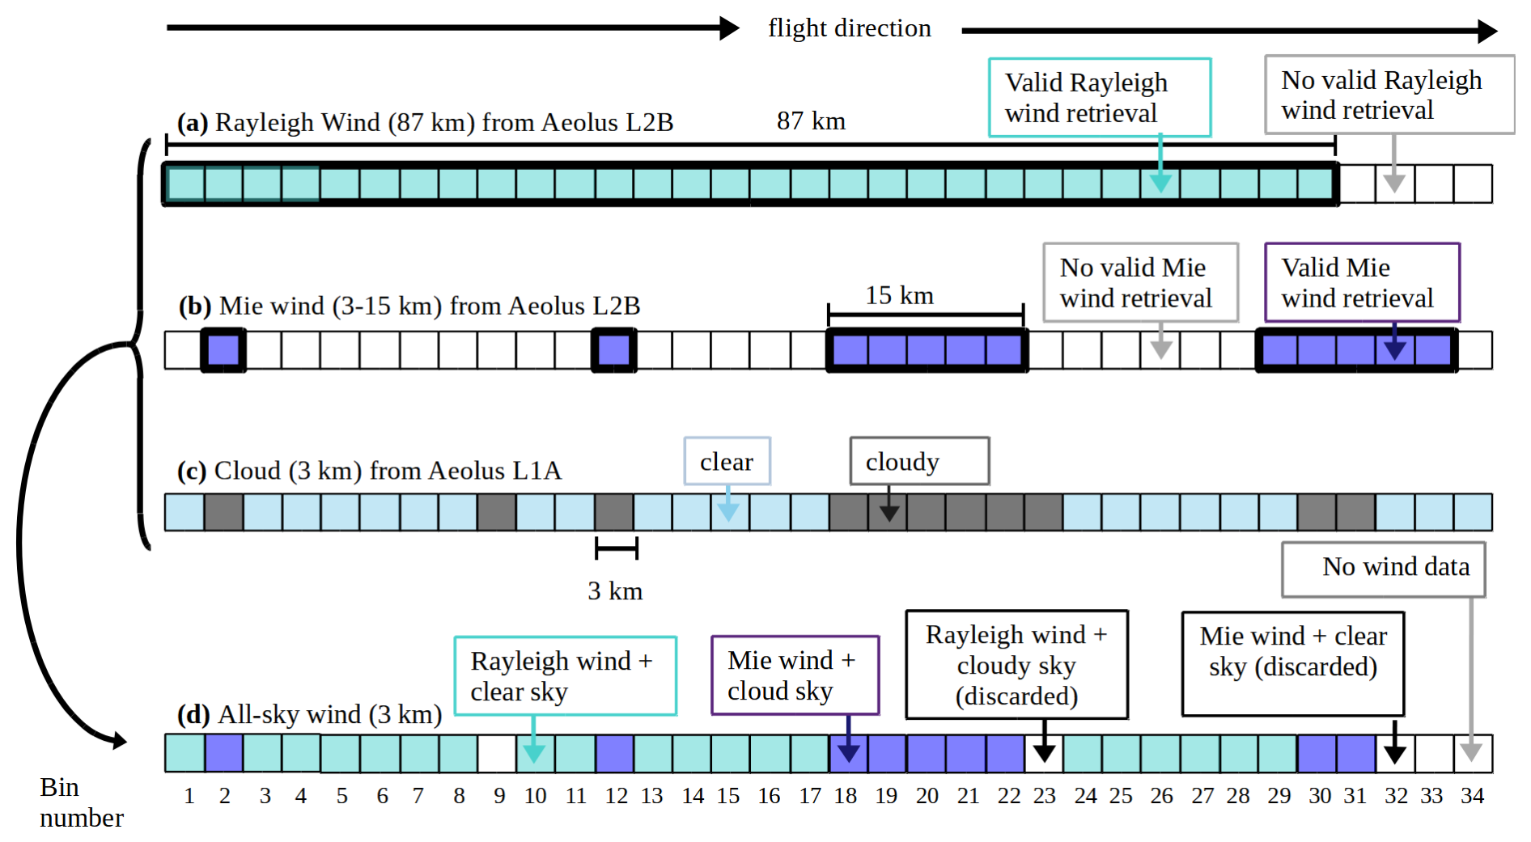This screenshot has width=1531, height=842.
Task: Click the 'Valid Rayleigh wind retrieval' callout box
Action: point(1099,97)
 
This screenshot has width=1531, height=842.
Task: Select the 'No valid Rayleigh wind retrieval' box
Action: point(1389,95)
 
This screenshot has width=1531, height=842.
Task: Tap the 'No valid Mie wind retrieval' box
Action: point(1140,282)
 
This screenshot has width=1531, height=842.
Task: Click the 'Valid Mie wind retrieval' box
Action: point(1362,282)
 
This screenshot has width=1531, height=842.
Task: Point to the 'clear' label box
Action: point(727,461)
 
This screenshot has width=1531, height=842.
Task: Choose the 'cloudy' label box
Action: point(918,461)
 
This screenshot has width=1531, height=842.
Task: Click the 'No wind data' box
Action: point(1383,568)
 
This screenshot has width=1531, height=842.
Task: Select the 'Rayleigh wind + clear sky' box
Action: point(565,675)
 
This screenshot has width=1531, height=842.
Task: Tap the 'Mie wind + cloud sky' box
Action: point(795,675)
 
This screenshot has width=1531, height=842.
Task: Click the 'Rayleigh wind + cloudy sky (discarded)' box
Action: point(1016,665)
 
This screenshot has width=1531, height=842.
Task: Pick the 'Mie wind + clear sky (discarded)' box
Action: point(1292,663)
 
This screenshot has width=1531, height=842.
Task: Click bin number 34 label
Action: point(1472,796)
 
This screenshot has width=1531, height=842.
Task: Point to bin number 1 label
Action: point(189,796)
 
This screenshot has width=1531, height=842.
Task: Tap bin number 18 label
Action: point(845,796)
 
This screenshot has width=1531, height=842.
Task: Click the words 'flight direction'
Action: point(850,28)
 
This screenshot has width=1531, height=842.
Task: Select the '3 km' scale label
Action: point(615,591)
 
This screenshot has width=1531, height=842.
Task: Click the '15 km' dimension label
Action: point(899,296)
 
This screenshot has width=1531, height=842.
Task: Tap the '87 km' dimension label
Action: point(811,121)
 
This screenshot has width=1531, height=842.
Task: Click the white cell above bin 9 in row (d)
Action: point(497,753)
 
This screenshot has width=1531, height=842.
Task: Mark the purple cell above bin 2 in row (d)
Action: point(224,753)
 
